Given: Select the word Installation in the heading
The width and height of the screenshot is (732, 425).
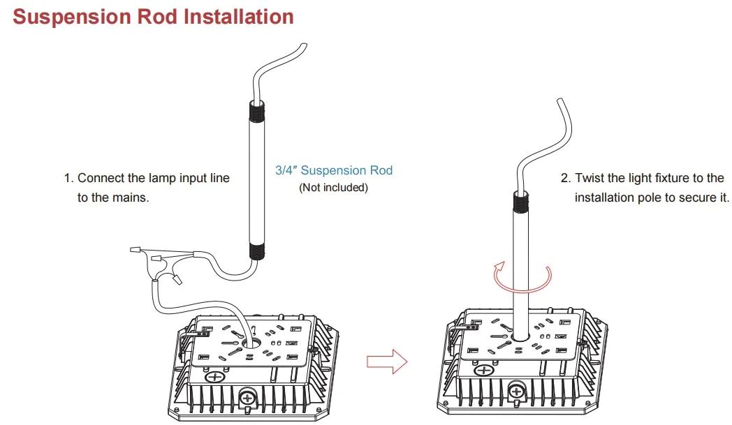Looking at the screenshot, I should point(235,16).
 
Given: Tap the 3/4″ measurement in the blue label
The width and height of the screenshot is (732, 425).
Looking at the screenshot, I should point(287,170).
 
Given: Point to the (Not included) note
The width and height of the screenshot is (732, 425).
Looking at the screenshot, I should point(333,188).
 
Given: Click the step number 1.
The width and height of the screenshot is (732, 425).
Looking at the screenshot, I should point(68,179).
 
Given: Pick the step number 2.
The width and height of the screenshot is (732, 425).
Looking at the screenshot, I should point(565,179).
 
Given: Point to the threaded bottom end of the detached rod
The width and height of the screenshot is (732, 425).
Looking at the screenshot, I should point(256,251).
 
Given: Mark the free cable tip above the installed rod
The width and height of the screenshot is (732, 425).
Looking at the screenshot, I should point(559,101).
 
